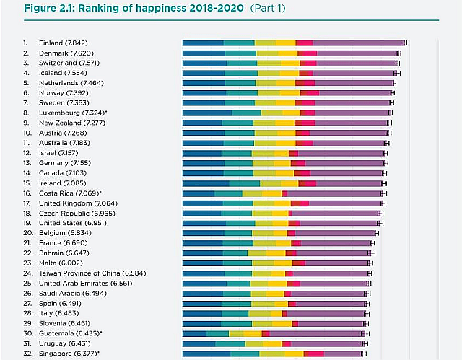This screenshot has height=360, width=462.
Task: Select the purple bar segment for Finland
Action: [x=357, y=43]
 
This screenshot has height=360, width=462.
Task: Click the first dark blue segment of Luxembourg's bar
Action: [x=206, y=113]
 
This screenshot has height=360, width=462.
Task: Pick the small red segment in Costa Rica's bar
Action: [x=284, y=193]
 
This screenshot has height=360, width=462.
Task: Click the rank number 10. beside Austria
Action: [x=26, y=133]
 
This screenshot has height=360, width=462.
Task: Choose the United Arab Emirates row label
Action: [x=86, y=284]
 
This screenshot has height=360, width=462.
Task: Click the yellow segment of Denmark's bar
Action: [x=287, y=53]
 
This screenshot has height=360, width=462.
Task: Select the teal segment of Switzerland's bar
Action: [x=242, y=63]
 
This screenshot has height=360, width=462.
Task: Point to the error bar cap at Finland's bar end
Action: [x=405, y=43]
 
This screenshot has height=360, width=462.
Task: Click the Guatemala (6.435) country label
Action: [x=70, y=333]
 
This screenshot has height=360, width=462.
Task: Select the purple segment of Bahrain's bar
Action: [x=333, y=253]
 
